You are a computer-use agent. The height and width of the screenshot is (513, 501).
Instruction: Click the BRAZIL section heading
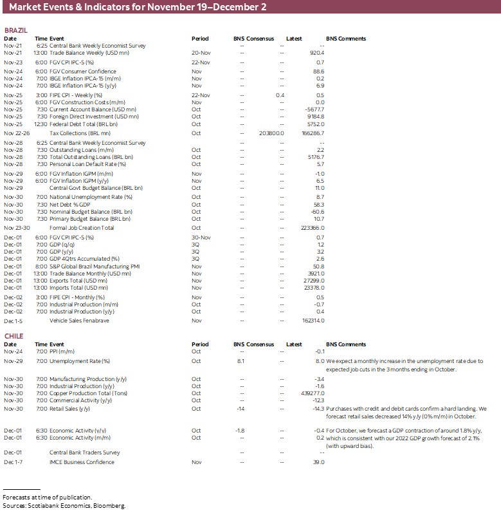15,31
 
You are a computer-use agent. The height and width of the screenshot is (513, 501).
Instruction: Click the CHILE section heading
14,337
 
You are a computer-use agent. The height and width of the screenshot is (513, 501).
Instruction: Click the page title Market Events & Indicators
138,7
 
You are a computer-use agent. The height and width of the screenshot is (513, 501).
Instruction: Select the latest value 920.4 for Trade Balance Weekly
316,53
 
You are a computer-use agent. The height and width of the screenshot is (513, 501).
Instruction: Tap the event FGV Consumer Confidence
83,71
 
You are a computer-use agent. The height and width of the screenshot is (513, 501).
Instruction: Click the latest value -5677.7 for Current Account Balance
314,109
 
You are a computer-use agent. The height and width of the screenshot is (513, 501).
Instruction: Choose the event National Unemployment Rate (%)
91,197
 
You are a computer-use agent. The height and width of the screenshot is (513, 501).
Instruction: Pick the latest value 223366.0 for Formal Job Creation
313,228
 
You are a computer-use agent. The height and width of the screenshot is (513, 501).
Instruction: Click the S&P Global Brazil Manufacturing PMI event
95,266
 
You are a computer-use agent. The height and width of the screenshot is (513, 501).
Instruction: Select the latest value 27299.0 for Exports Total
313,281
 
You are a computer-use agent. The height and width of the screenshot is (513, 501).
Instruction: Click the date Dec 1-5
13,321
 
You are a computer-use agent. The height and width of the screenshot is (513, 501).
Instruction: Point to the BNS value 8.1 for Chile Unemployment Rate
241,362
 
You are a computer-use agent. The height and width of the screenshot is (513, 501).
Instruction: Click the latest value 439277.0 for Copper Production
313,393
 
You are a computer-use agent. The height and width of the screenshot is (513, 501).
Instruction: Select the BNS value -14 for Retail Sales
241,409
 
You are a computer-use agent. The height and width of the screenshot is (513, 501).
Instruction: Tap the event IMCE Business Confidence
82,462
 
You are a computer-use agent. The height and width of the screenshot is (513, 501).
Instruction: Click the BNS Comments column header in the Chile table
346,344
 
